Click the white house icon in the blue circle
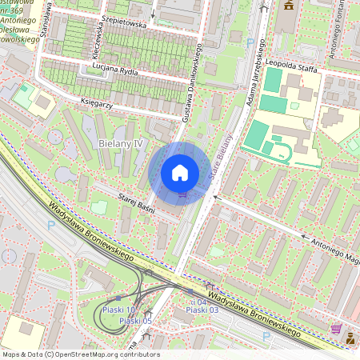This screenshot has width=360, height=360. (x=180, y=172)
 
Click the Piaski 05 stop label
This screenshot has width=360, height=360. (x=135, y=321)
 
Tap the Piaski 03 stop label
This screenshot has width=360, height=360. (x=202, y=310)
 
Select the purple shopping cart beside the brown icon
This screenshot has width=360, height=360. (x=336, y=328)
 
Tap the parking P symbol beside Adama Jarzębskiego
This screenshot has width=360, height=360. (x=250, y=42)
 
